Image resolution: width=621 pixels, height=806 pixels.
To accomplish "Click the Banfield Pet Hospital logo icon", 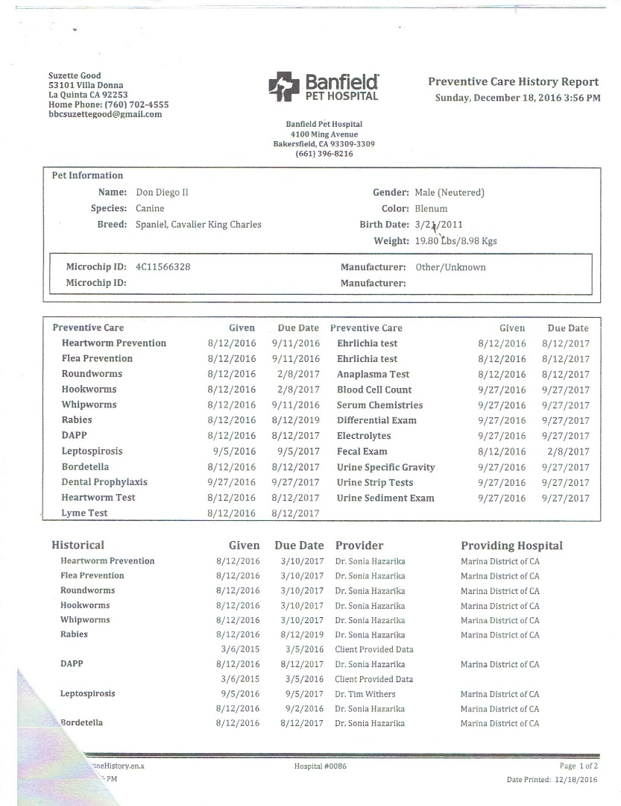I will [283, 87].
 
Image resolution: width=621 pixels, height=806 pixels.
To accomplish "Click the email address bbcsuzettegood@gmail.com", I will [104, 114].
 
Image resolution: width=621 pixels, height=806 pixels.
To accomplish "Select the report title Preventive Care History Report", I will [513, 82].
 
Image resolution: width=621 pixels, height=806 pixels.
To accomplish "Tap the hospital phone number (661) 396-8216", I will [324, 154].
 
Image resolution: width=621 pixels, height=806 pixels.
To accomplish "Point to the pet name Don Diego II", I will [162, 192].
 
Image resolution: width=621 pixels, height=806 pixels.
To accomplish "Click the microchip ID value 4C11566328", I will [163, 267].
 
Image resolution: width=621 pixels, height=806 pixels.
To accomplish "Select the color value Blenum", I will [431, 208].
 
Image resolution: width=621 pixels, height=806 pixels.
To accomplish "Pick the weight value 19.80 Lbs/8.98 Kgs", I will [455, 241].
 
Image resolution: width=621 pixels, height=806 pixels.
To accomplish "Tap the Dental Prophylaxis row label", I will [104, 482].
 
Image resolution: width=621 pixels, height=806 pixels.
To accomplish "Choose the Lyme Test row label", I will [84, 513].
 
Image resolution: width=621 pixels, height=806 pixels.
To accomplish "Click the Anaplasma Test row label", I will [373, 375].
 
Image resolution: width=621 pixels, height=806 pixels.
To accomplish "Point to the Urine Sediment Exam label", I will [385, 498].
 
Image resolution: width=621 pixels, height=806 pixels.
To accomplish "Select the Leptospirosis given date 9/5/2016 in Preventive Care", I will [234, 452].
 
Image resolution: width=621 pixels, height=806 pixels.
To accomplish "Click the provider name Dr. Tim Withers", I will [365, 694].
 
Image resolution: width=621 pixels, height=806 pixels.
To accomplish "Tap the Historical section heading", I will [78, 546].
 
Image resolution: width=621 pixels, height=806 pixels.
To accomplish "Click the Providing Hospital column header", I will [511, 546].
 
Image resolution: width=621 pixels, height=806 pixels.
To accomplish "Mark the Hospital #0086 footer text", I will [321, 766].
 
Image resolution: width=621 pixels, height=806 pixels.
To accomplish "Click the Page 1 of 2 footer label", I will [579, 766].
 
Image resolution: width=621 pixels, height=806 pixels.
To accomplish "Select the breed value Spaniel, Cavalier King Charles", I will [198, 225].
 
